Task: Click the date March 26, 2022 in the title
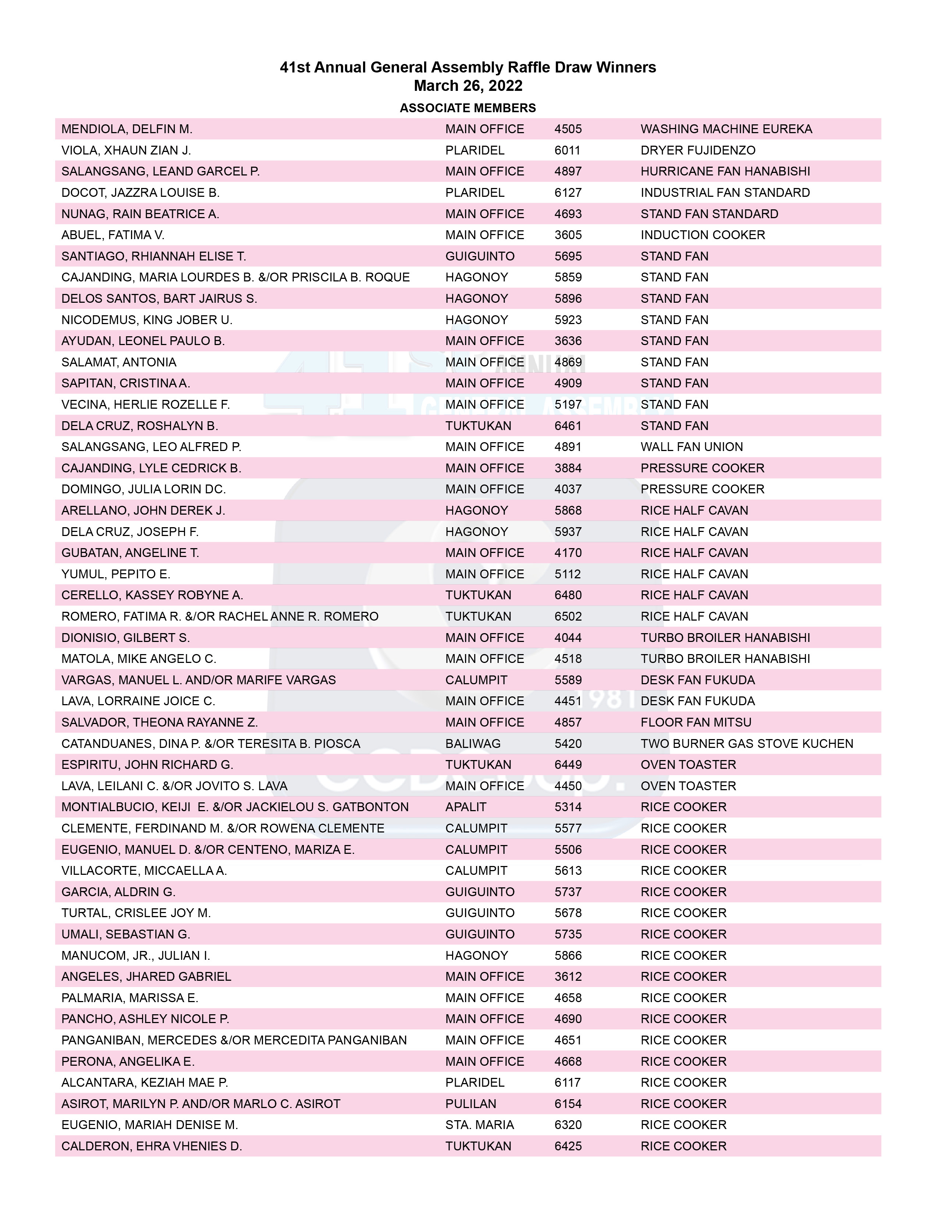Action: click(468, 86)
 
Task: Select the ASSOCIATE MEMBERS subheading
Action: click(468, 108)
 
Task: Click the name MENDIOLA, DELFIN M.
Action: click(127, 129)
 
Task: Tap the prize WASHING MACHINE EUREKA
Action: click(726, 129)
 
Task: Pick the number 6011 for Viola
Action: click(567, 150)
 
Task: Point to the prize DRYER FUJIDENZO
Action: click(698, 150)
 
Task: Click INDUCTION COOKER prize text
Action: click(703, 235)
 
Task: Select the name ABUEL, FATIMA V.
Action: click(113, 235)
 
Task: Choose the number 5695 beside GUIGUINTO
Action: click(568, 256)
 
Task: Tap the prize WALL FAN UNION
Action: click(692, 447)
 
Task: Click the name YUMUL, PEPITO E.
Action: click(116, 574)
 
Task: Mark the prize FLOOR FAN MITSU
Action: click(696, 722)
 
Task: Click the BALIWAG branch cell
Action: click(473, 744)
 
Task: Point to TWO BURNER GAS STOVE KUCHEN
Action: click(747, 744)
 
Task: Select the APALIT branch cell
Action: click(466, 807)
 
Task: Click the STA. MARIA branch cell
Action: click(480, 1125)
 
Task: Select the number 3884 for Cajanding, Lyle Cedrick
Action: click(568, 468)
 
